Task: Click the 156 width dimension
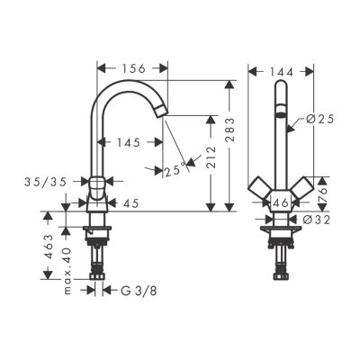click(x=132, y=67)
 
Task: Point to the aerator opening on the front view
click(x=280, y=115)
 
